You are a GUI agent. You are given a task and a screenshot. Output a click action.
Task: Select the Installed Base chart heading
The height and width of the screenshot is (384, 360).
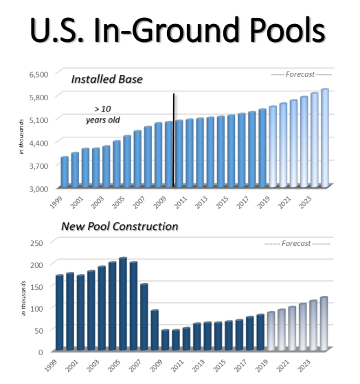pos(106,79)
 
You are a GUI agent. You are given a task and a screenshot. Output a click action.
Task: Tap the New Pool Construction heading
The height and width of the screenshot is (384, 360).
pos(120,226)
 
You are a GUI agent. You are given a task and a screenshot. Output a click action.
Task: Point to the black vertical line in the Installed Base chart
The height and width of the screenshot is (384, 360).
pos(173,137)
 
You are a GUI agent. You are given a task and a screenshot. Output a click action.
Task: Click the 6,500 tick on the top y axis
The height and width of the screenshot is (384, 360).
pos(38,74)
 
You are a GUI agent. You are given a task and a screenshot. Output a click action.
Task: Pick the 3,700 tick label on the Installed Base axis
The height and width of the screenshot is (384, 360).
pos(38,166)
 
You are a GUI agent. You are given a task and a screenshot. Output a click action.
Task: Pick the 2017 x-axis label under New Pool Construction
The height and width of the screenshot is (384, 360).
pos(238,365)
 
